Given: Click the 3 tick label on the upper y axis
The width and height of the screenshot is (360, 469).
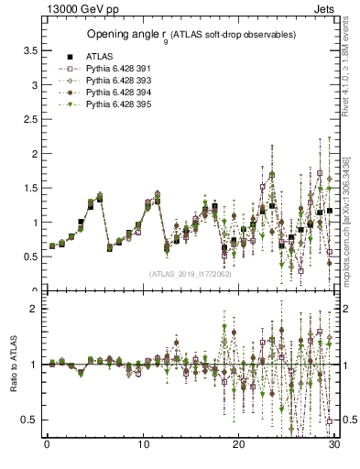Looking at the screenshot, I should (37, 85).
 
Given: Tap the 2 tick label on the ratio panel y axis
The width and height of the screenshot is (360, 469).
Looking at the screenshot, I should (37, 309).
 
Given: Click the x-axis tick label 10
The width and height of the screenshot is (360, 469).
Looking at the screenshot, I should (143, 445).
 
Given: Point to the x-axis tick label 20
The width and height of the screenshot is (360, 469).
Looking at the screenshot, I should (239, 445).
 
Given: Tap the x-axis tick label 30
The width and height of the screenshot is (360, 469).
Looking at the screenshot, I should (334, 445).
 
